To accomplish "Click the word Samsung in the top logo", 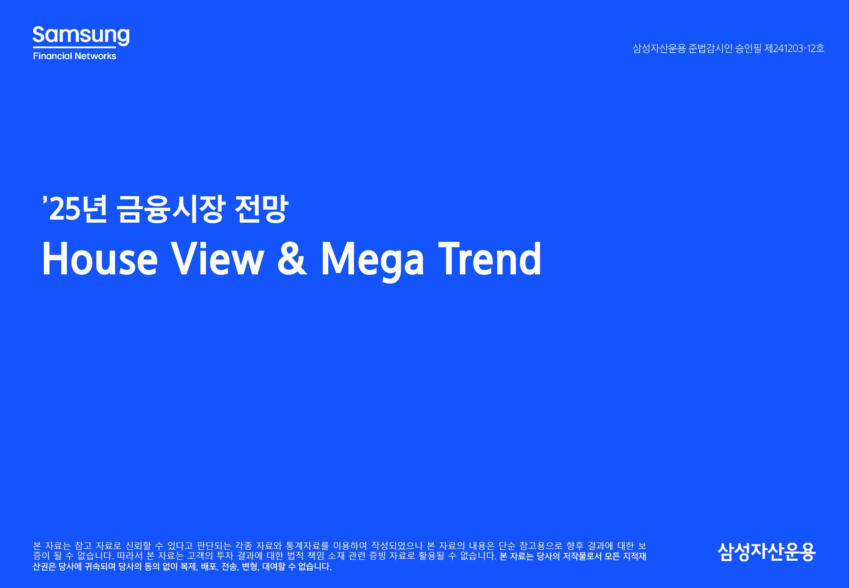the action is point(81,35).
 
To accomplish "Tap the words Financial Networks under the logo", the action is point(75,56).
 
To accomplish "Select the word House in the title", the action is point(100,259).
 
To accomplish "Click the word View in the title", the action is point(218,259).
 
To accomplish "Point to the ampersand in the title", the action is point(292,259).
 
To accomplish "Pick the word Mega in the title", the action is point(373,262).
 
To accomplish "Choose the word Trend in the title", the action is point(490,259).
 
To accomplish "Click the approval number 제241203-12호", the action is point(794,48).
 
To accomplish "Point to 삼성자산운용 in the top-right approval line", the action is point(659,48).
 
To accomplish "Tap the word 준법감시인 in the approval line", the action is point(710,48).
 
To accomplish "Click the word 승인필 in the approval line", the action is point(748,48).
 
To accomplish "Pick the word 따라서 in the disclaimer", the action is point(130,556).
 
